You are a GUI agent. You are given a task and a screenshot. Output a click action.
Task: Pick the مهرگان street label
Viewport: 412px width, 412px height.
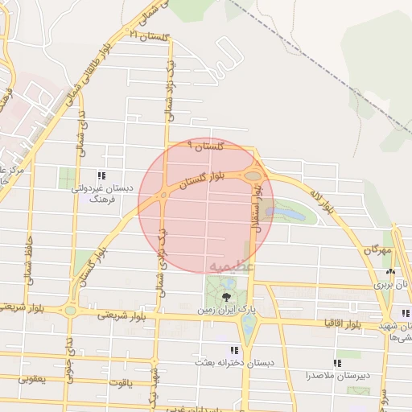click(376, 251)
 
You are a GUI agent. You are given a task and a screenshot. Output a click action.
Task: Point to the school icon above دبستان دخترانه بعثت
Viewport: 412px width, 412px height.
click(234, 351)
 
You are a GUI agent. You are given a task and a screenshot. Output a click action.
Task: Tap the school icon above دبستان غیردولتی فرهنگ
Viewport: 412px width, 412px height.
click(101, 175)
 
